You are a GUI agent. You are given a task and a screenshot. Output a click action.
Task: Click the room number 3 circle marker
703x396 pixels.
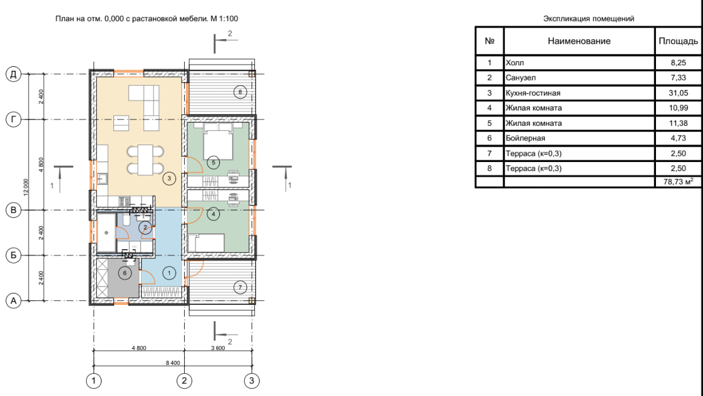click(x=169, y=178)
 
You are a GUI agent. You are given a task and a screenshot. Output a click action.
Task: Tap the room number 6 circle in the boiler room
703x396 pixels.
click(x=125, y=273)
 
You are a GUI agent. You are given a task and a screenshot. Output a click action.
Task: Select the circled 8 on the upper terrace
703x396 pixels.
click(x=240, y=92)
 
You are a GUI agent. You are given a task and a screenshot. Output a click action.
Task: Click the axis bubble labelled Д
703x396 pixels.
click(x=14, y=74)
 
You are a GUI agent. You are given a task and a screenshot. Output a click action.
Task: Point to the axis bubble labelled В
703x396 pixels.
click(x=14, y=210)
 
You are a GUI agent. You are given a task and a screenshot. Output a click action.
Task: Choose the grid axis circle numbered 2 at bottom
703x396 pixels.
click(x=184, y=381)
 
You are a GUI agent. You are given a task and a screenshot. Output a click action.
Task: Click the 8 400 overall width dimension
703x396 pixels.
click(x=173, y=363)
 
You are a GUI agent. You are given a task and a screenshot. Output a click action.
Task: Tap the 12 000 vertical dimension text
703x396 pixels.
click(x=25, y=188)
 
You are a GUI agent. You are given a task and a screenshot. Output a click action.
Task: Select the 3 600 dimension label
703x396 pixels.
click(x=218, y=348)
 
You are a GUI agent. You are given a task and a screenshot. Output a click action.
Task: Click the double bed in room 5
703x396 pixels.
click(x=218, y=141)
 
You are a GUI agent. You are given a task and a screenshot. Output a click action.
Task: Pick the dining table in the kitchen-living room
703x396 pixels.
click(x=146, y=160)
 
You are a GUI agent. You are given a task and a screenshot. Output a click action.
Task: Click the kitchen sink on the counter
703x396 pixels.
click(x=102, y=179)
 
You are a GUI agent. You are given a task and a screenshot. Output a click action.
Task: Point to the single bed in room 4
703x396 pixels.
click(x=206, y=242)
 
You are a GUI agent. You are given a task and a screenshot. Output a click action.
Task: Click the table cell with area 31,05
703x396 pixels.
click(x=678, y=93)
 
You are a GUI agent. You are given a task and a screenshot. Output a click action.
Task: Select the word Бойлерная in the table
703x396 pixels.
click(x=525, y=138)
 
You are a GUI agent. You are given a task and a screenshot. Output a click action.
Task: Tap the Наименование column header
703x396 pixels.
click(x=579, y=41)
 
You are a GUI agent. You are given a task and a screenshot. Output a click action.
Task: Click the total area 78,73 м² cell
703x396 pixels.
click(x=678, y=182)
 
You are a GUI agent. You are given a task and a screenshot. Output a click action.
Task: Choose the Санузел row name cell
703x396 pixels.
click(x=579, y=78)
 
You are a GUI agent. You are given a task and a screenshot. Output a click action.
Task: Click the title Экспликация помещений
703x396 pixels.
click(x=589, y=19)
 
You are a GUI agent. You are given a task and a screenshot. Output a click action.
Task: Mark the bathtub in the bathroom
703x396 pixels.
click(x=106, y=232)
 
